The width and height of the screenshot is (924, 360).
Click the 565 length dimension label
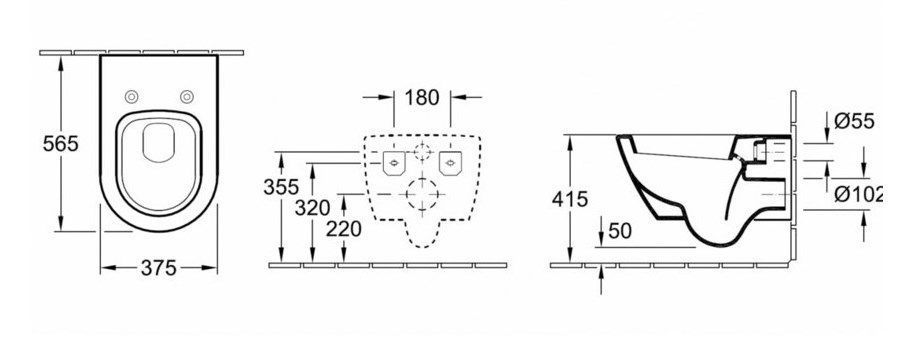(61, 143)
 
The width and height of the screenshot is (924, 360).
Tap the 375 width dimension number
(159, 268)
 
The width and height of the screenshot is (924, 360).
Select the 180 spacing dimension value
(422, 97)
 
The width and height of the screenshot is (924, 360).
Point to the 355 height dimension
(281, 187)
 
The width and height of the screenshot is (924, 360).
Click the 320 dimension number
(312, 207)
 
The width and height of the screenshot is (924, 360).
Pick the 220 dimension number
(344, 229)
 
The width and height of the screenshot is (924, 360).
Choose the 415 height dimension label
(570, 200)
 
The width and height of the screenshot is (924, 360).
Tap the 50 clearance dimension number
(619, 231)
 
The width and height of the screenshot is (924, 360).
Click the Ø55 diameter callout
(854, 121)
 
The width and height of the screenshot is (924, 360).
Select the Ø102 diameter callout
(858, 194)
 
